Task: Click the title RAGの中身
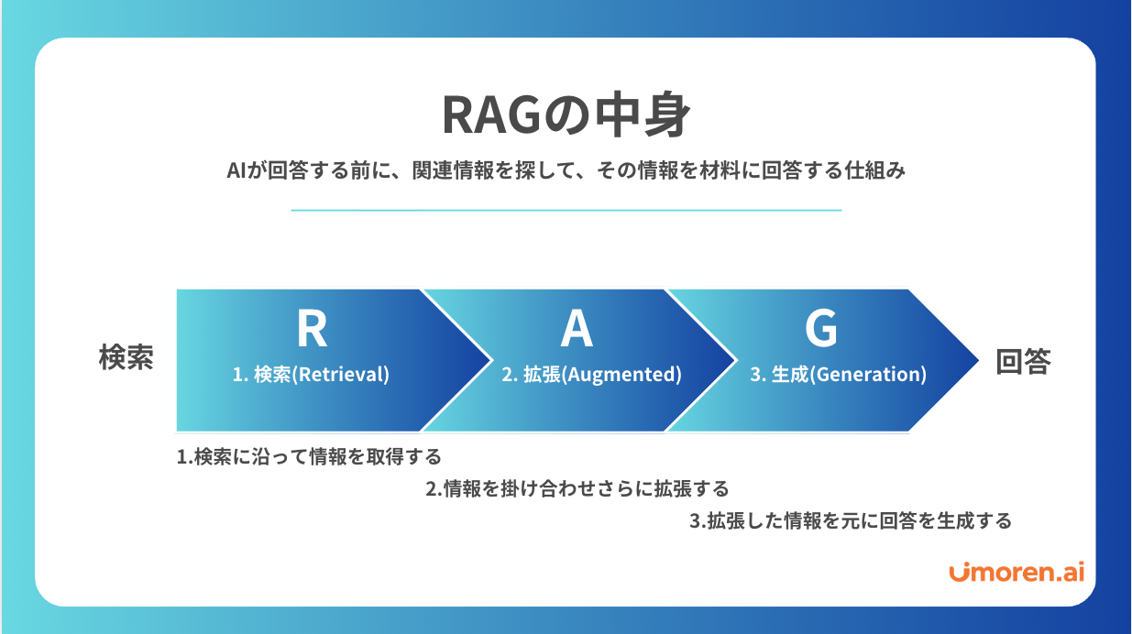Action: point(566,115)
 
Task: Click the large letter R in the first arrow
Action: point(312,328)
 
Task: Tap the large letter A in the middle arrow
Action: point(577,328)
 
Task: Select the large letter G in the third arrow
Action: point(820,328)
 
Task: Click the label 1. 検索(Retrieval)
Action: point(311,375)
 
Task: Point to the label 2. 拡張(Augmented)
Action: point(591,375)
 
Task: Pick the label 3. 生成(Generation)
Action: point(839,375)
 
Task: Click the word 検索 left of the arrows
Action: point(126,357)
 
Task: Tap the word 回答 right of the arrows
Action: point(1023,361)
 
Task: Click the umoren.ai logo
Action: point(1017,573)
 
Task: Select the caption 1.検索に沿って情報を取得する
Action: point(309,456)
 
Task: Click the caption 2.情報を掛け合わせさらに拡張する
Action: point(577,488)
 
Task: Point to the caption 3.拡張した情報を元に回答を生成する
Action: point(851,520)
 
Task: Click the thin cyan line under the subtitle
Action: point(566,210)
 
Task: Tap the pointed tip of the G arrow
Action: point(978,360)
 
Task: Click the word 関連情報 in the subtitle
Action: point(453,170)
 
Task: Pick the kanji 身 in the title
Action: point(666,115)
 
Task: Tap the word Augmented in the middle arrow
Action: point(623,375)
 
